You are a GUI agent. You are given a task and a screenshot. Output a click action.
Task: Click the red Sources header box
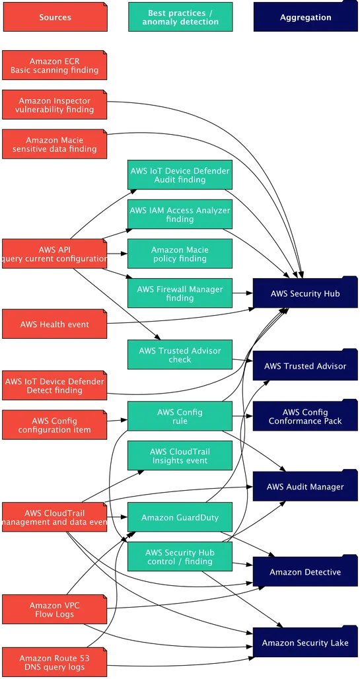(x=55, y=17)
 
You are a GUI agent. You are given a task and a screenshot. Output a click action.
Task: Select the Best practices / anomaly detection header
(x=180, y=17)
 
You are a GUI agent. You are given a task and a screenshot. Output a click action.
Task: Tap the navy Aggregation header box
(x=305, y=17)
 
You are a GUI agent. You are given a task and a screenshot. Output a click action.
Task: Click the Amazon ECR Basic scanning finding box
(x=55, y=65)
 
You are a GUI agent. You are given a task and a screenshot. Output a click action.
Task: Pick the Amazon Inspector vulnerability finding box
(x=55, y=105)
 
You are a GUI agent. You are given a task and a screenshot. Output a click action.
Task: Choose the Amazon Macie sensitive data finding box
(x=55, y=145)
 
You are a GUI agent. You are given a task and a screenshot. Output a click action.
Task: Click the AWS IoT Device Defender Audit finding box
(x=180, y=175)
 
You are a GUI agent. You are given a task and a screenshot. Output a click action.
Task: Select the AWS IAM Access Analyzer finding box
(x=180, y=215)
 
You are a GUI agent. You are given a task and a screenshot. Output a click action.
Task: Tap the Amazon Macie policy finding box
(x=180, y=254)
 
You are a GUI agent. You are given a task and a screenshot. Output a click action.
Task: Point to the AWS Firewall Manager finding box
(x=180, y=293)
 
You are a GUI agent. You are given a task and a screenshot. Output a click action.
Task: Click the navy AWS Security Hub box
(x=305, y=293)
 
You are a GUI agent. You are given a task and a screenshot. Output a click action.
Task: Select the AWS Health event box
(x=55, y=324)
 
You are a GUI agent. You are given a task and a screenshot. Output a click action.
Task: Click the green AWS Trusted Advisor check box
(x=180, y=355)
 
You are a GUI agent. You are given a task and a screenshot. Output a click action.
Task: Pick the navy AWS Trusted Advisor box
(x=305, y=366)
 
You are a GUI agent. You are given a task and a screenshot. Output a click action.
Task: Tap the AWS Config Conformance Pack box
(x=305, y=417)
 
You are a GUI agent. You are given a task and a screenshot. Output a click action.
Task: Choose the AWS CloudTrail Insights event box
(x=180, y=456)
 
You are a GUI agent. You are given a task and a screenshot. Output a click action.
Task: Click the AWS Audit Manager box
(x=305, y=487)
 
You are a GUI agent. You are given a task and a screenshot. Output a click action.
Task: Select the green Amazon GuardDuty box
(x=180, y=518)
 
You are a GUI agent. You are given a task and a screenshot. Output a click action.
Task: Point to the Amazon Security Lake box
(x=305, y=643)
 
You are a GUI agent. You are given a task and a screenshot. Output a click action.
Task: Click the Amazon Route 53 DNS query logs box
(x=55, y=662)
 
